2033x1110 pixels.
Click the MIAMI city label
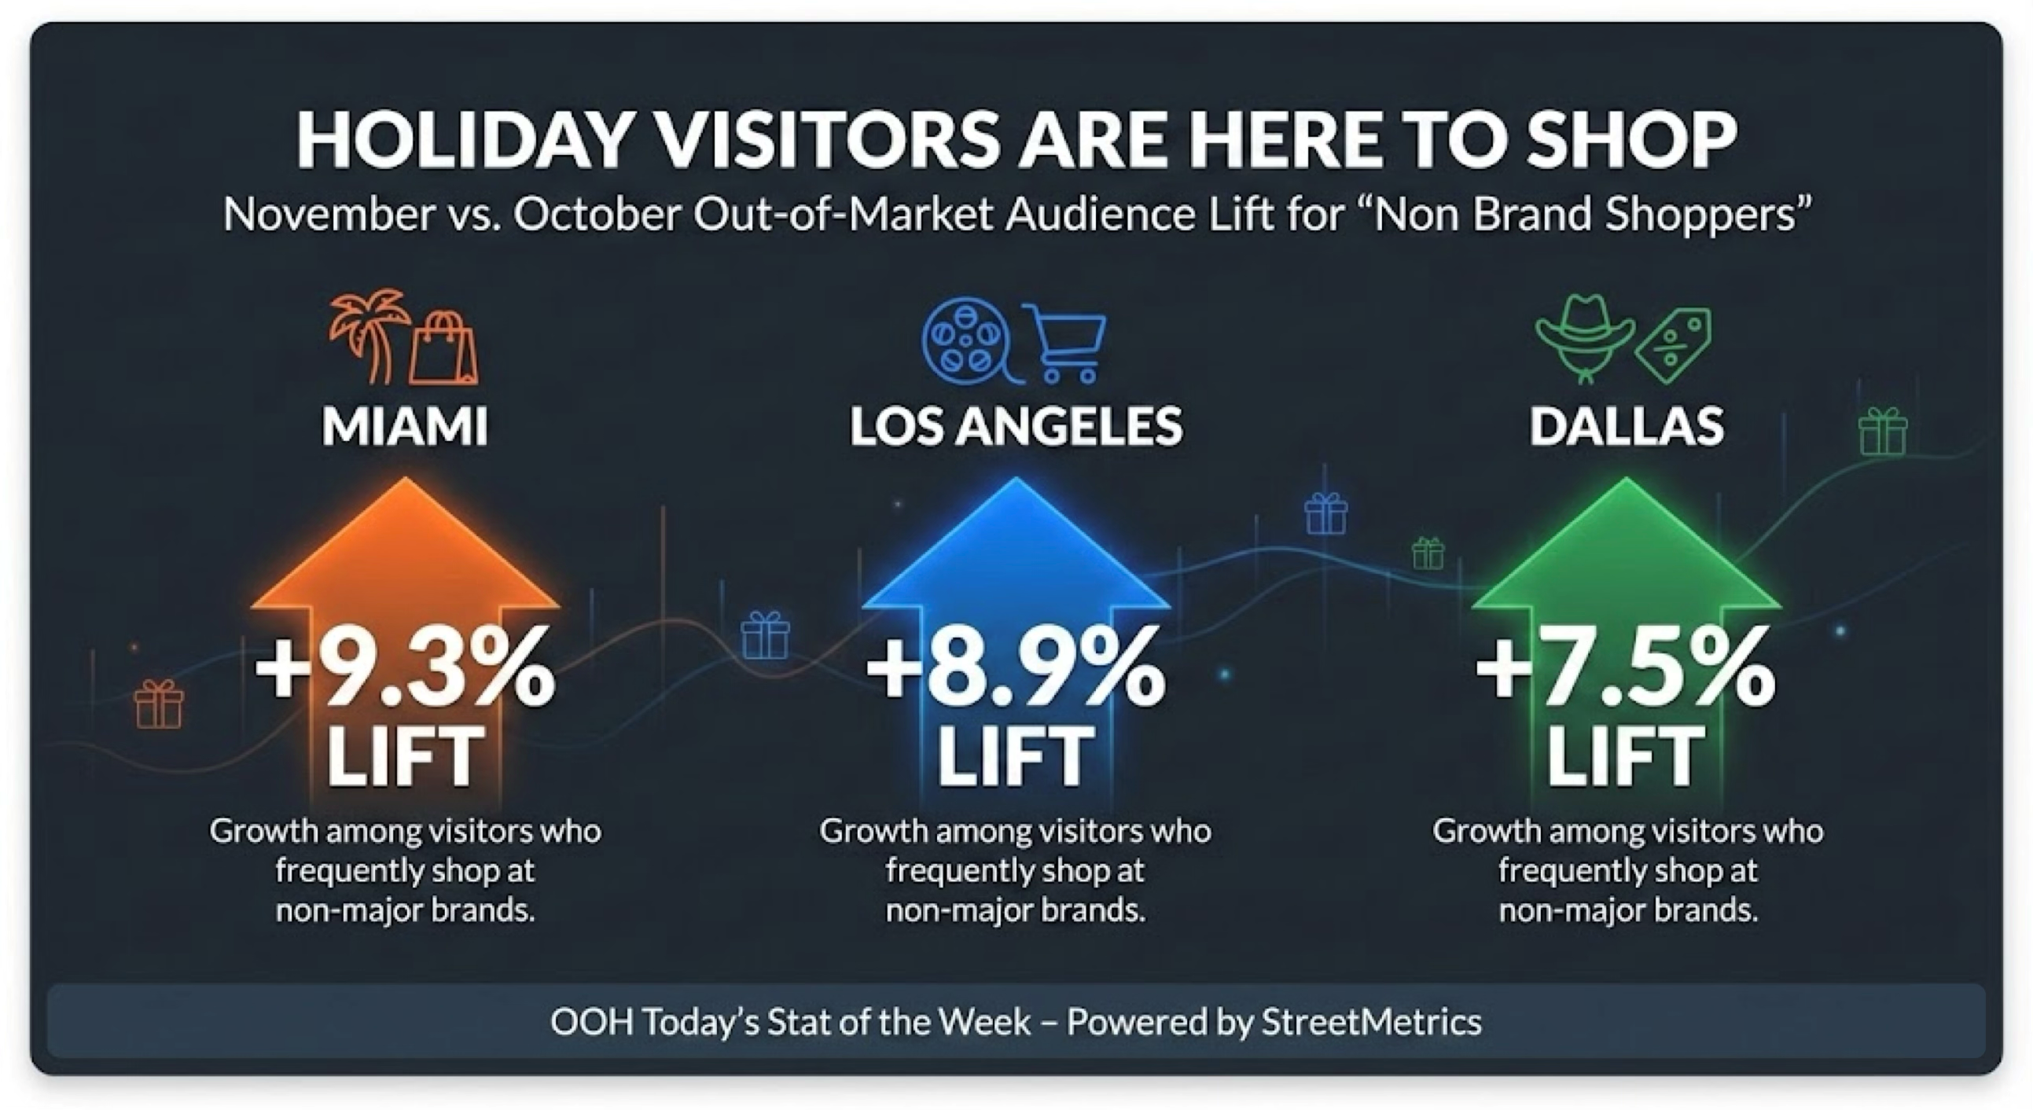[x=405, y=427]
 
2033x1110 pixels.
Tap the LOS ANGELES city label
[x=1016, y=427]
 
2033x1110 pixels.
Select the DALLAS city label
[x=1627, y=427]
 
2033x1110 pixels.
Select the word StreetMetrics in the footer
[x=1372, y=1023]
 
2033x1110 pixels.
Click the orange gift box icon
[x=159, y=704]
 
